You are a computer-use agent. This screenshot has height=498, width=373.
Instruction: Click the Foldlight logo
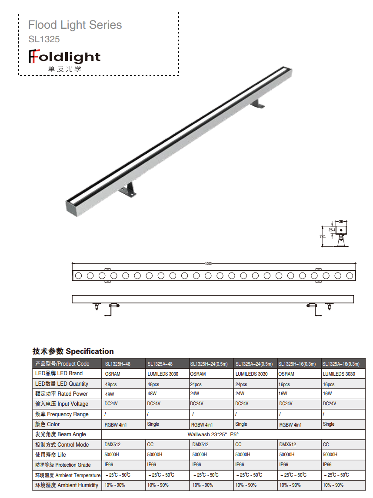tap(64, 57)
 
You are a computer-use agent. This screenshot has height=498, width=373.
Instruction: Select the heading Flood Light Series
tap(75, 25)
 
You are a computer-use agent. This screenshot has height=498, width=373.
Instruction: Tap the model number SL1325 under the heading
tap(44, 39)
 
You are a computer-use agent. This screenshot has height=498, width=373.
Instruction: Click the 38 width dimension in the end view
tap(341, 222)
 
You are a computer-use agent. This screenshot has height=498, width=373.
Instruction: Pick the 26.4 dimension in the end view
tap(332, 230)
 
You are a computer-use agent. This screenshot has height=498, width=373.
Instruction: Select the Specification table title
tap(73, 351)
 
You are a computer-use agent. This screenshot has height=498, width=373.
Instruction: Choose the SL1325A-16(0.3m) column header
tap(341, 364)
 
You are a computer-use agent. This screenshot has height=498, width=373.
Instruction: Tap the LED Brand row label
tap(59, 373)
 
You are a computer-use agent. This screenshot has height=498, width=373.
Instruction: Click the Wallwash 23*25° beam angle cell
tap(213, 434)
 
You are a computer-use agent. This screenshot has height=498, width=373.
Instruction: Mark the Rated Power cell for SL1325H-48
tap(109, 394)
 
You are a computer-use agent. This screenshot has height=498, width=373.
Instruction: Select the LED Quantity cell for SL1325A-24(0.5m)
tap(241, 384)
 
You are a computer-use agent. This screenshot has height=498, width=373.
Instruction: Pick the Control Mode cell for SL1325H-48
tap(113, 445)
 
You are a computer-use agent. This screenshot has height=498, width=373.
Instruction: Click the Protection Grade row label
tap(63, 465)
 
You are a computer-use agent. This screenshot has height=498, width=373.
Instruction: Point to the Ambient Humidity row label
tap(67, 485)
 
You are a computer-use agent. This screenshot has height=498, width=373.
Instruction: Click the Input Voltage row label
tap(61, 404)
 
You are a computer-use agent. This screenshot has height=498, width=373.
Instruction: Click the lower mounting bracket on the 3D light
tap(129, 190)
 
